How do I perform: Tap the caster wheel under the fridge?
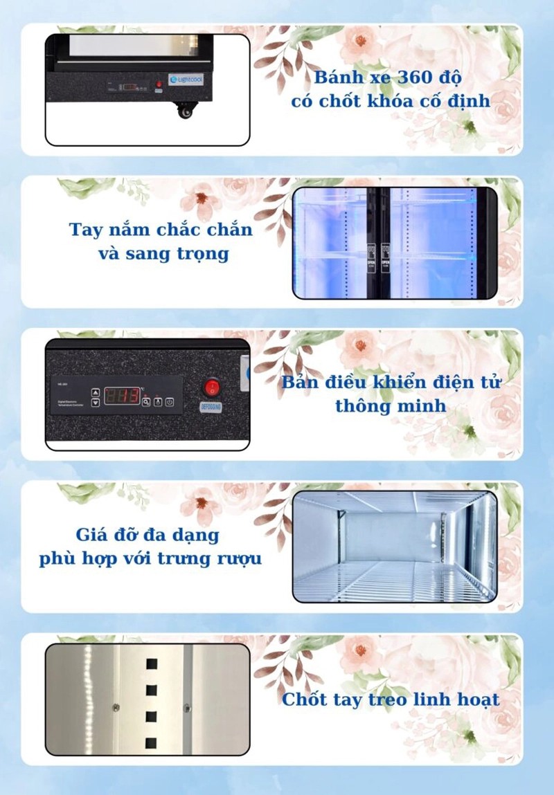(x=186, y=111)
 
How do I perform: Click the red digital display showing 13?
(x=122, y=395)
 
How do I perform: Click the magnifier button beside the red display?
(x=146, y=402)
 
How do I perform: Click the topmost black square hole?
(x=151, y=664)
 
